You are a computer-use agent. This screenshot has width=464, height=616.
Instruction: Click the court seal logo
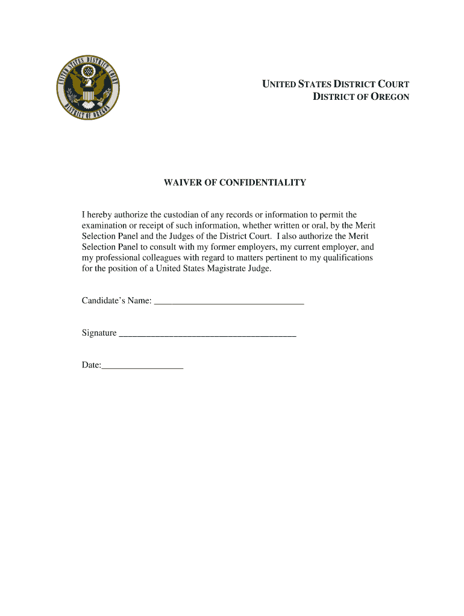point(89,90)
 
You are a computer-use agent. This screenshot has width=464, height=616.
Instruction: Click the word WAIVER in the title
point(183,182)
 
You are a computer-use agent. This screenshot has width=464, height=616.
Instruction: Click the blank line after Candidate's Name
point(229,301)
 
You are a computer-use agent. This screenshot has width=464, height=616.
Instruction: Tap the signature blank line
point(208,333)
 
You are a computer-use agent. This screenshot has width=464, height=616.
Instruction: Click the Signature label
point(99,333)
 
